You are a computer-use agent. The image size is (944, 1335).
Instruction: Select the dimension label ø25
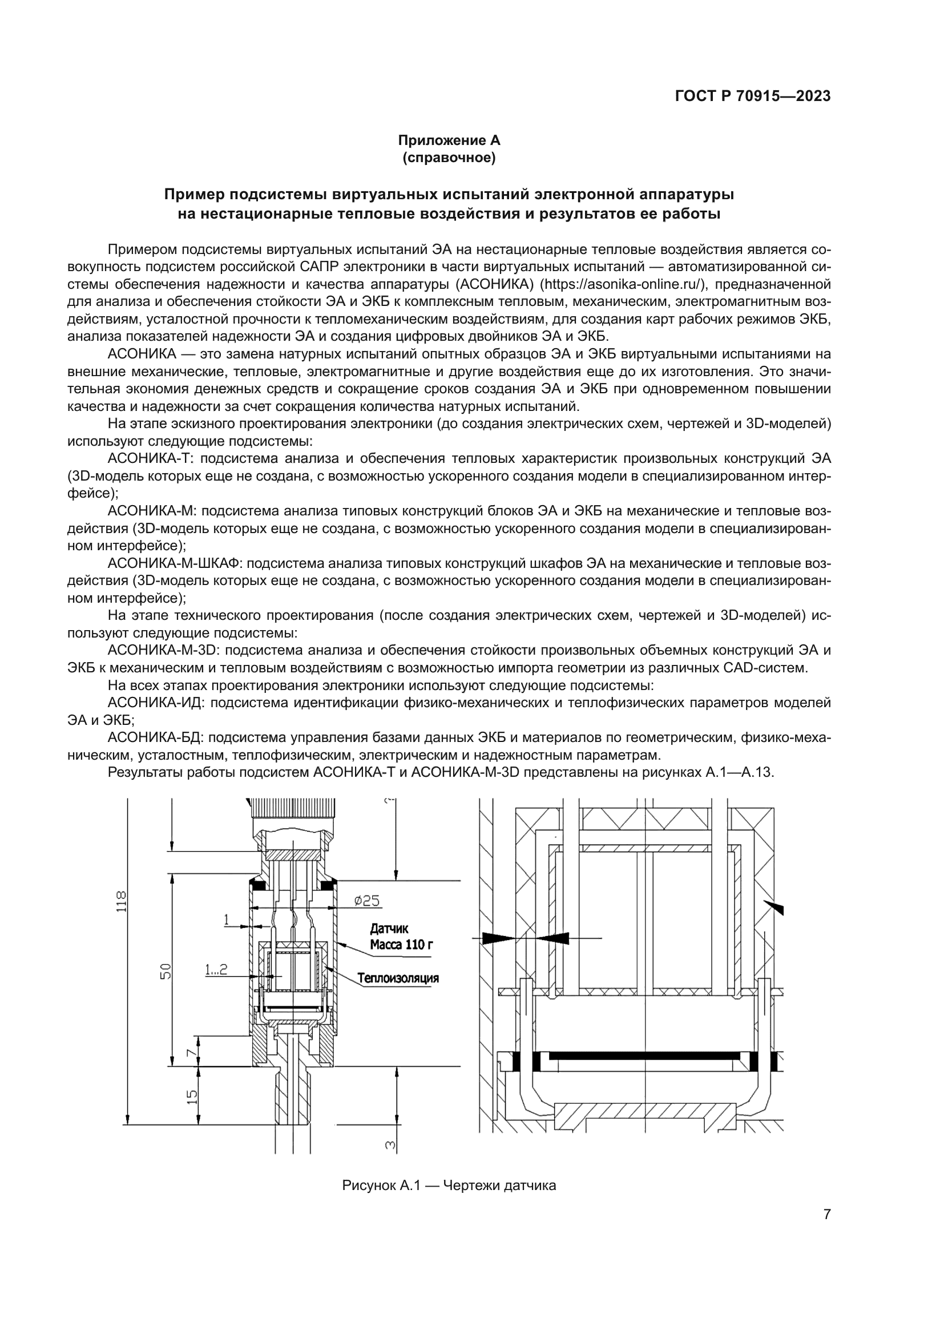(x=367, y=901)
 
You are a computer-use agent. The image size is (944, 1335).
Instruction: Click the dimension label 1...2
(x=216, y=969)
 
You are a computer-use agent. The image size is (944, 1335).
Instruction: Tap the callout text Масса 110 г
(x=401, y=945)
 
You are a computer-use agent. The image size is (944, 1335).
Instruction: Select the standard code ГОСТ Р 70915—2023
(x=753, y=96)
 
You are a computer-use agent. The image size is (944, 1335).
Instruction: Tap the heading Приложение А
(x=449, y=140)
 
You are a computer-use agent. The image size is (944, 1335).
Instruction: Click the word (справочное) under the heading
(x=449, y=158)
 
